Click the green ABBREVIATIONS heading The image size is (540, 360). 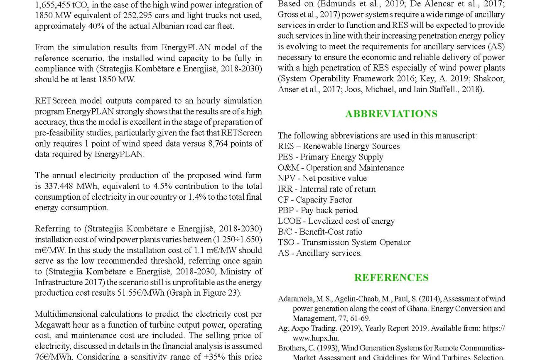click(x=391, y=114)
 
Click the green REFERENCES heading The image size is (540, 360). click(x=391, y=277)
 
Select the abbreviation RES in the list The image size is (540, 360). click(x=285, y=146)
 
